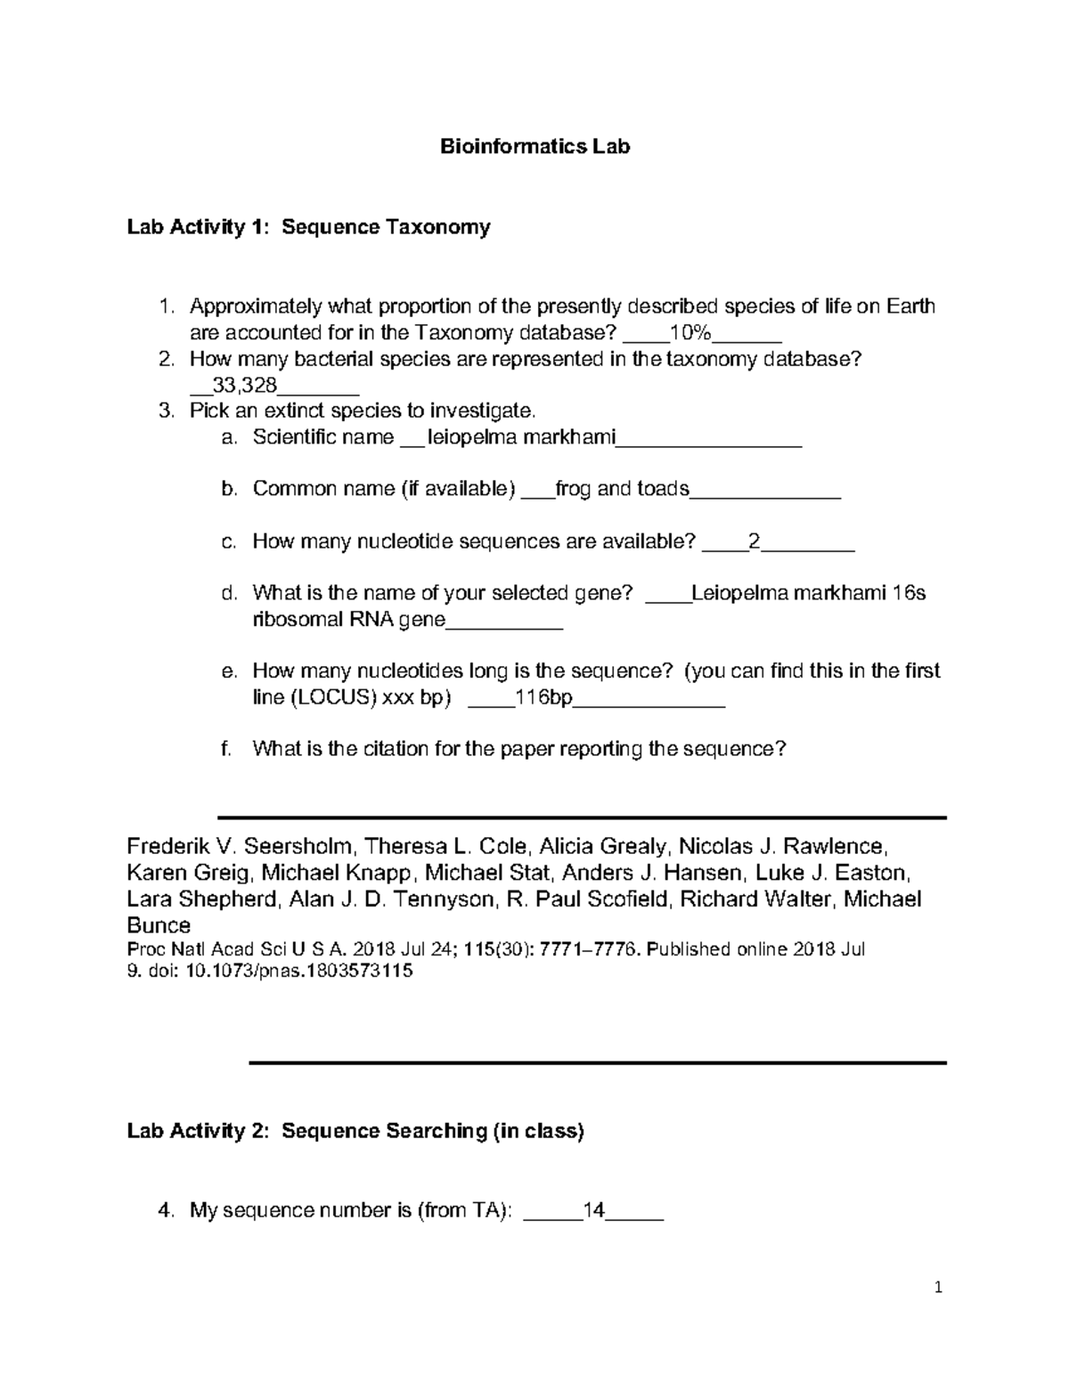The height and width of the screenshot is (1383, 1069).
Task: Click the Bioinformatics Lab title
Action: click(x=534, y=147)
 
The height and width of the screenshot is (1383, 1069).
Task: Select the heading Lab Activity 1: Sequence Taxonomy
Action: click(x=308, y=227)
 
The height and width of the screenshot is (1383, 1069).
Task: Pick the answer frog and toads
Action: click(x=622, y=489)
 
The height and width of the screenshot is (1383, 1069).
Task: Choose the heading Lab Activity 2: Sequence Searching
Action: click(x=355, y=1131)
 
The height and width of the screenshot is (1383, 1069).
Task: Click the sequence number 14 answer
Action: click(x=593, y=1210)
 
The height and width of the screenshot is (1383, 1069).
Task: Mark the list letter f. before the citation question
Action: click(x=227, y=749)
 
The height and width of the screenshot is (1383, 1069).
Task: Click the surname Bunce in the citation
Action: click(x=159, y=925)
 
